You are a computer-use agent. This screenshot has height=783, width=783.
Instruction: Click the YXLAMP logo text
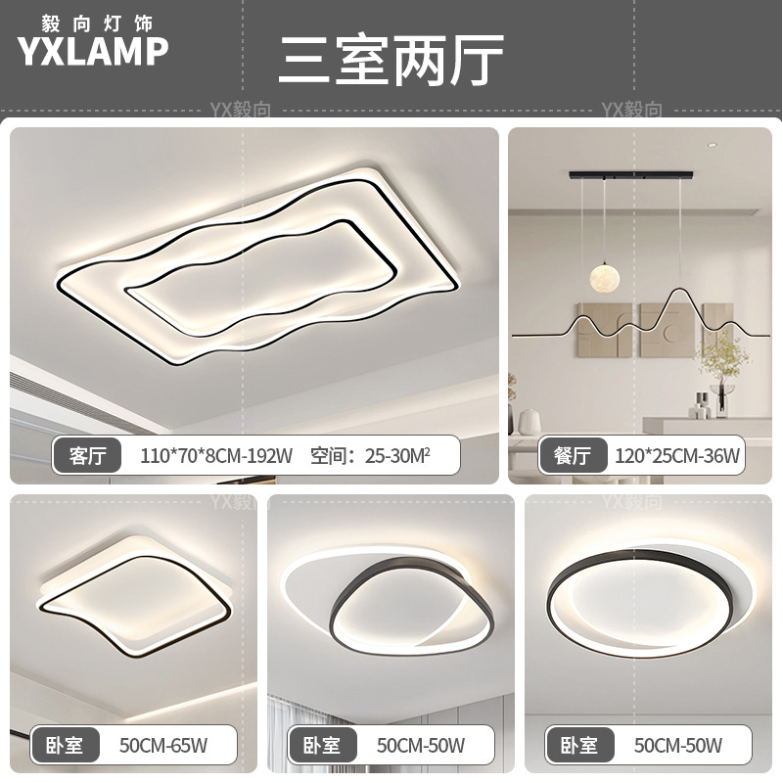click(x=93, y=52)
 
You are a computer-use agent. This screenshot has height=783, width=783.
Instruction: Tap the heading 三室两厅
click(x=391, y=60)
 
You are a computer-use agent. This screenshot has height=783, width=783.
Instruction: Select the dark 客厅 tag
click(x=88, y=455)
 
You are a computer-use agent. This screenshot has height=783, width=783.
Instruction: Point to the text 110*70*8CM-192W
click(x=216, y=455)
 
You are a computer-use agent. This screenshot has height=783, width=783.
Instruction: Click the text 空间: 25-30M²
click(x=370, y=455)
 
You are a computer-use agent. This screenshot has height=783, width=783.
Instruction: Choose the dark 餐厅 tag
click(x=573, y=455)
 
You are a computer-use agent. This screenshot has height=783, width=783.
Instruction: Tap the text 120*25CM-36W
click(x=677, y=455)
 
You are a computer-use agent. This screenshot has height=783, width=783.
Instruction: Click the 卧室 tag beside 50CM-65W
click(x=64, y=746)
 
